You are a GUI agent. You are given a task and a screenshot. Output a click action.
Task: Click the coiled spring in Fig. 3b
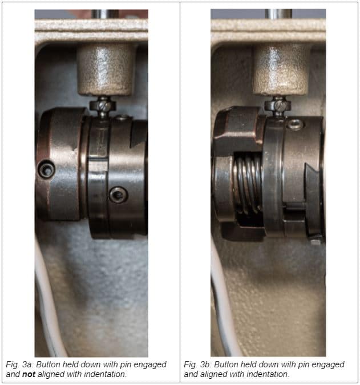point(248,183)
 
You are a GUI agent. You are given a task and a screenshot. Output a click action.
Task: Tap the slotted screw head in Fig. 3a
point(103,106)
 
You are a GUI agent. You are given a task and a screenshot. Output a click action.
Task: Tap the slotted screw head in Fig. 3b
point(278,106)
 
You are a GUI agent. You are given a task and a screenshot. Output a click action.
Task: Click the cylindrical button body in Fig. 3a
point(106,70)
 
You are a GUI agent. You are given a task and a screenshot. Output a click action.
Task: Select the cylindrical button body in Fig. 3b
point(281,70)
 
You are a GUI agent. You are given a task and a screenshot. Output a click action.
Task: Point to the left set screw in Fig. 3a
point(46,169)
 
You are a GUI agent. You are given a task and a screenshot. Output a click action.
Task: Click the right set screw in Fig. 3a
point(118,195)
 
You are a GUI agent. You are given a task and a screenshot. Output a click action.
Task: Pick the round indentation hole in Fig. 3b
point(295,124)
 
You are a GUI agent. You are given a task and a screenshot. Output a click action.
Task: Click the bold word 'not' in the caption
point(29,374)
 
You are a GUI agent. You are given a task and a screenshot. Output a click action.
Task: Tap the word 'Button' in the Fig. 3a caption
point(48,364)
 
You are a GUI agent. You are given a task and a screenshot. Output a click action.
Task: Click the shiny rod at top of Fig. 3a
point(105,14)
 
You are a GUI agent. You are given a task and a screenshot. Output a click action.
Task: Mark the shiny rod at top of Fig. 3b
point(278,14)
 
